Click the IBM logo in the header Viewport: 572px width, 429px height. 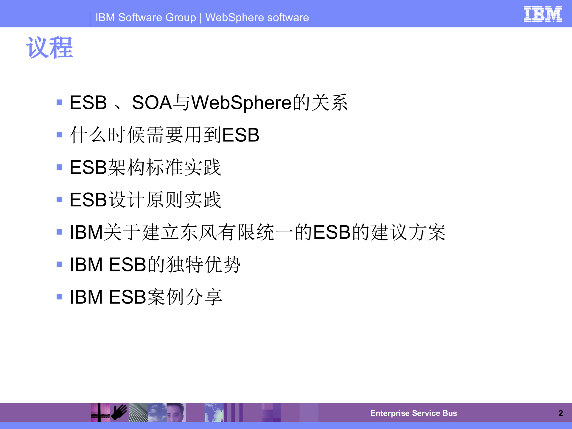(543, 14)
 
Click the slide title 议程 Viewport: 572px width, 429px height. (49, 48)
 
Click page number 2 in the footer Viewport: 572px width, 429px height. (560, 413)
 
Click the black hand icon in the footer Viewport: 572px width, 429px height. (119, 412)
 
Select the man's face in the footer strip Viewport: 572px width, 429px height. (176, 413)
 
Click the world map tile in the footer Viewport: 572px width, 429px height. (214, 413)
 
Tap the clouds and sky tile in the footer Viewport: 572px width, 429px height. (157, 413)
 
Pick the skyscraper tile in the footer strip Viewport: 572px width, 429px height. (138, 413)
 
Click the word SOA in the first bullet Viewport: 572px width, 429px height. (152, 102)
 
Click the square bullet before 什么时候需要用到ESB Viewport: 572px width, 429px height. (59, 135)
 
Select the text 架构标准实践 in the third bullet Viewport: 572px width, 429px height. (164, 167)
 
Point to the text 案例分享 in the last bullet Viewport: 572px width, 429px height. (184, 297)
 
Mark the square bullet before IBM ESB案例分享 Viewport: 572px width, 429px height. (59, 297)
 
